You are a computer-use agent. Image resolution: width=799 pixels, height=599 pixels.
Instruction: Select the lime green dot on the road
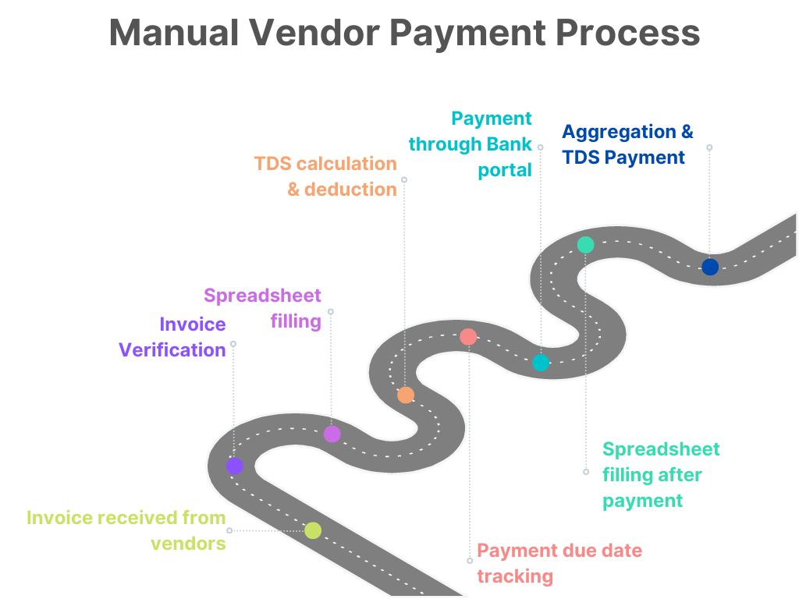tap(313, 530)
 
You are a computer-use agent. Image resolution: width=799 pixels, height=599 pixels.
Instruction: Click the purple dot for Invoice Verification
tap(235, 466)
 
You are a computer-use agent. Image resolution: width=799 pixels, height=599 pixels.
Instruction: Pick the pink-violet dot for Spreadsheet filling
tap(332, 434)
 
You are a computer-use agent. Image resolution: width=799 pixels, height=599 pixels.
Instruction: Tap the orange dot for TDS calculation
tap(406, 395)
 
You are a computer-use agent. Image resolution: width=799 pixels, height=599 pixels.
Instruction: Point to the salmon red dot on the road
tap(468, 337)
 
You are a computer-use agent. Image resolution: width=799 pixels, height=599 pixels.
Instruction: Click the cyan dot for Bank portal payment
tap(541, 363)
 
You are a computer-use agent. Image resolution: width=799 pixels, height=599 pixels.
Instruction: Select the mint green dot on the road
tap(585, 245)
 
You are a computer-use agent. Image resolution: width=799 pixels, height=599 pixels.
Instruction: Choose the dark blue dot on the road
tap(709, 267)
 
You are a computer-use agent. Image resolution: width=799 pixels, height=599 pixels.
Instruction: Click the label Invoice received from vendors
tap(126, 530)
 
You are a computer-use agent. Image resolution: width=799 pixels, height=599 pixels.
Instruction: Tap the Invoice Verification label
tap(172, 337)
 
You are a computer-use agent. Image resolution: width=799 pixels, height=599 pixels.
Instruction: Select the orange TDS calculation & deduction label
tap(325, 176)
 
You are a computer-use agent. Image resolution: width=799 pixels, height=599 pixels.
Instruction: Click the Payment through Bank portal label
tap(471, 144)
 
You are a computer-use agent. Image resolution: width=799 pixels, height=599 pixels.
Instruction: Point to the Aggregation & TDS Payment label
tap(627, 144)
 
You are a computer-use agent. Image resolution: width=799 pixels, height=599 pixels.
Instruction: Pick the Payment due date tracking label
tap(559, 563)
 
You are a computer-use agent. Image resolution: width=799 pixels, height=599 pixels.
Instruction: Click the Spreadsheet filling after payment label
tap(661, 475)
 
